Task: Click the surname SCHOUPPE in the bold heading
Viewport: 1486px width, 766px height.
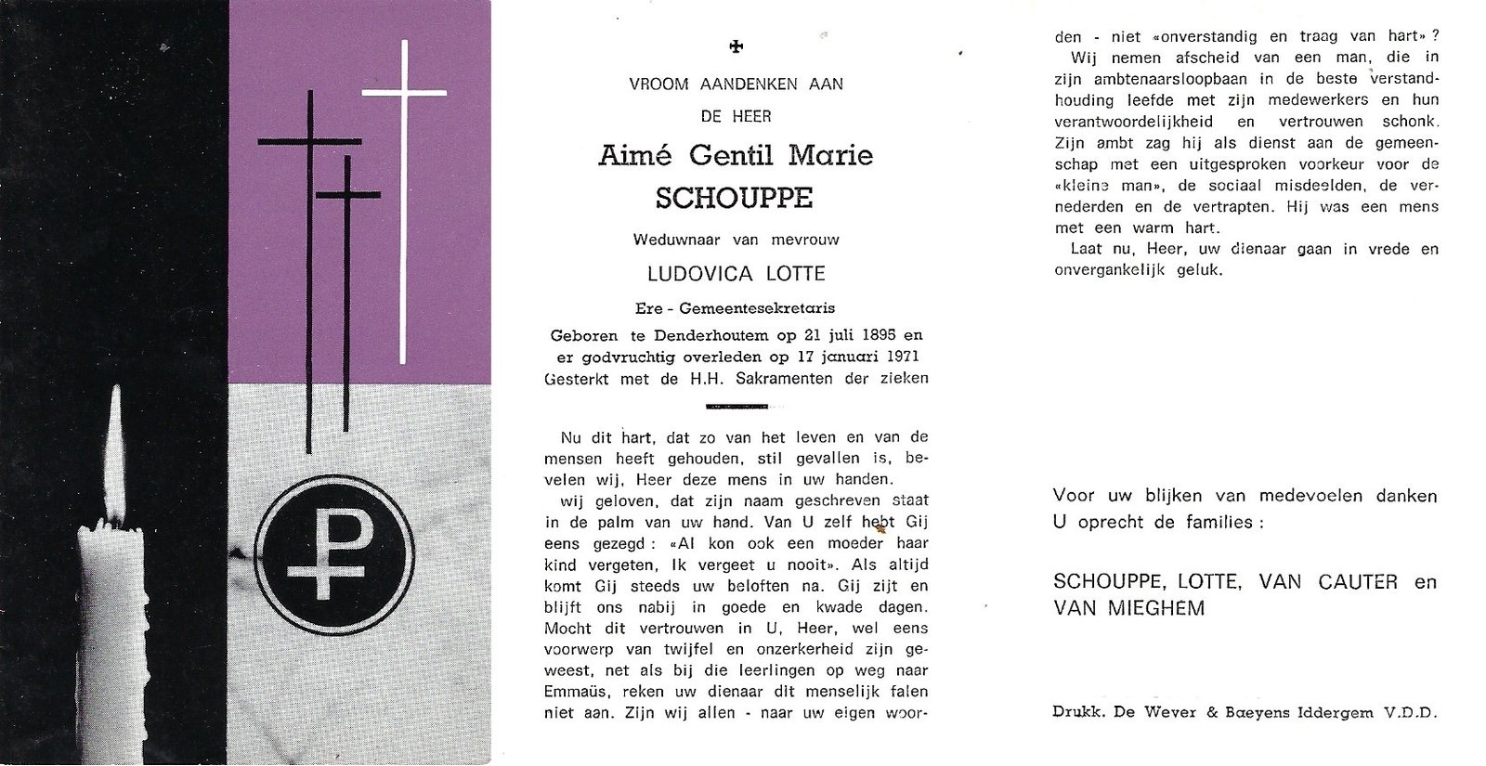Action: coord(734,198)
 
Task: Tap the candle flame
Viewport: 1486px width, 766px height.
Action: coord(116,455)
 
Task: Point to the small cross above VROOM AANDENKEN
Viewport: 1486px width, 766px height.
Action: coord(737,46)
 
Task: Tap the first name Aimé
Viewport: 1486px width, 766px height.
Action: coord(632,155)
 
